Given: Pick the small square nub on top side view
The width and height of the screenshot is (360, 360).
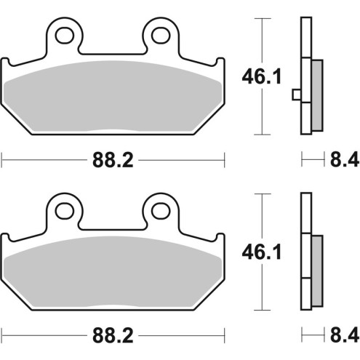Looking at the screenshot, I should pos(295,94).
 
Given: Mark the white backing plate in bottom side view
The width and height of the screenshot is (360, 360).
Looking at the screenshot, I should pos(305,218).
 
